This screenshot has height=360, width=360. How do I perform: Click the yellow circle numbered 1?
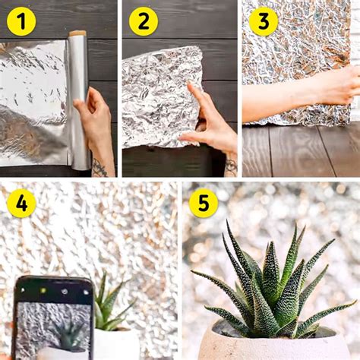(21, 21)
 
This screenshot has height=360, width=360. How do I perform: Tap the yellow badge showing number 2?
(143, 21)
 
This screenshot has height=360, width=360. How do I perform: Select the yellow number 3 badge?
(263, 21)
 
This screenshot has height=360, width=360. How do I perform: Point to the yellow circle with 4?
(21, 203)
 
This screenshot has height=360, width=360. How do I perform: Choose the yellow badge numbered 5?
(204, 203)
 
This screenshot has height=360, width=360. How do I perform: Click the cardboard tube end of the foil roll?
(77, 34)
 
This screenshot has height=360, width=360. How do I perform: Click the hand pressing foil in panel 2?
(210, 122)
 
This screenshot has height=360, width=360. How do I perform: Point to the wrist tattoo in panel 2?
(231, 165)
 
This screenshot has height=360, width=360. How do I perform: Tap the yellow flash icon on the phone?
(43, 290)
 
